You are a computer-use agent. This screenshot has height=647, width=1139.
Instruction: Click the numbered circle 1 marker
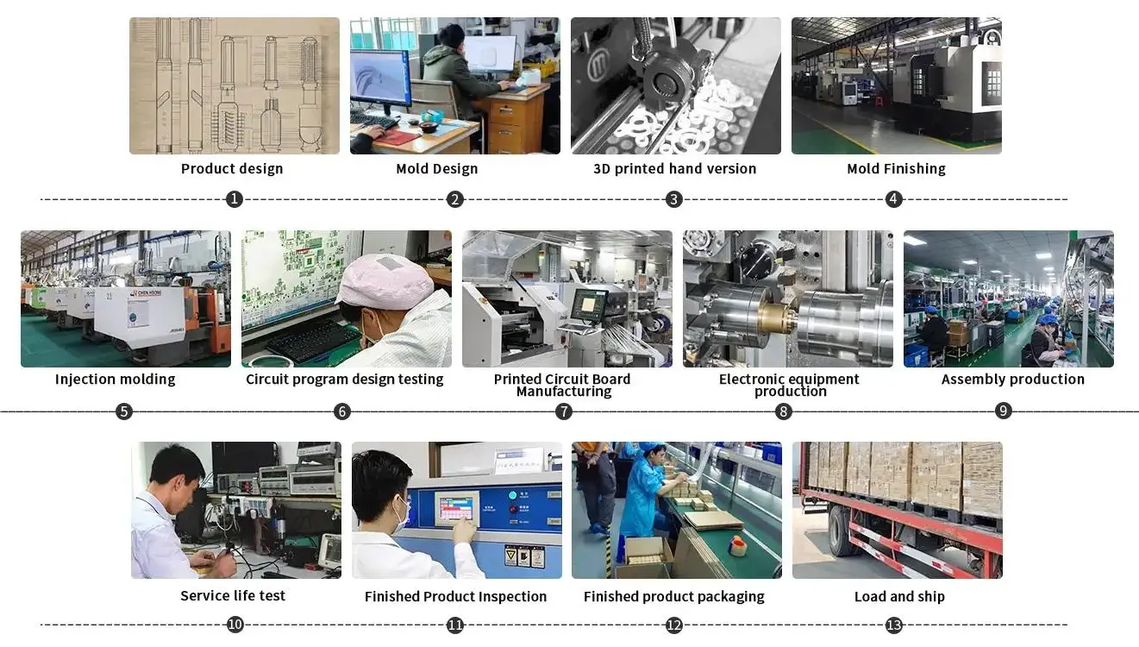234,199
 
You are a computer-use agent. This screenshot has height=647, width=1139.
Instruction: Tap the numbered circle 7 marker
564,411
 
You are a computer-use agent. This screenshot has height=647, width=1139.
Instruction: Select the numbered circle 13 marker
894,625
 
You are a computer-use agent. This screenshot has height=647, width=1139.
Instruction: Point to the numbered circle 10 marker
235,625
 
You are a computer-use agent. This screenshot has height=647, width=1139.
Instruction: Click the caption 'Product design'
232,169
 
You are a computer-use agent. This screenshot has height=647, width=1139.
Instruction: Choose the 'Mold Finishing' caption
896,169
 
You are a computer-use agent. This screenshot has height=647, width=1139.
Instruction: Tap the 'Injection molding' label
115,380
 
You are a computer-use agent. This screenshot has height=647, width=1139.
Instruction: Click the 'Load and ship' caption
899,597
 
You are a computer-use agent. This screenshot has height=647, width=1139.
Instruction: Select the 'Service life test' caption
233,596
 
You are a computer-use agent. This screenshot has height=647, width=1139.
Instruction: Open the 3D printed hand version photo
675,85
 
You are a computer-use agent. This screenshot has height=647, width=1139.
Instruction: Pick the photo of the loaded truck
897,509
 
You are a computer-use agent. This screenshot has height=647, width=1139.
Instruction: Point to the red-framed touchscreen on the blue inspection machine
456,508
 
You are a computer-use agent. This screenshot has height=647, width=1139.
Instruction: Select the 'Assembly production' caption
1012,380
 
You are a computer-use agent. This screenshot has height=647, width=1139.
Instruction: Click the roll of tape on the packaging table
739,545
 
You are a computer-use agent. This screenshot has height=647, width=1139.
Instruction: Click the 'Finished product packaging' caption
673,597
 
